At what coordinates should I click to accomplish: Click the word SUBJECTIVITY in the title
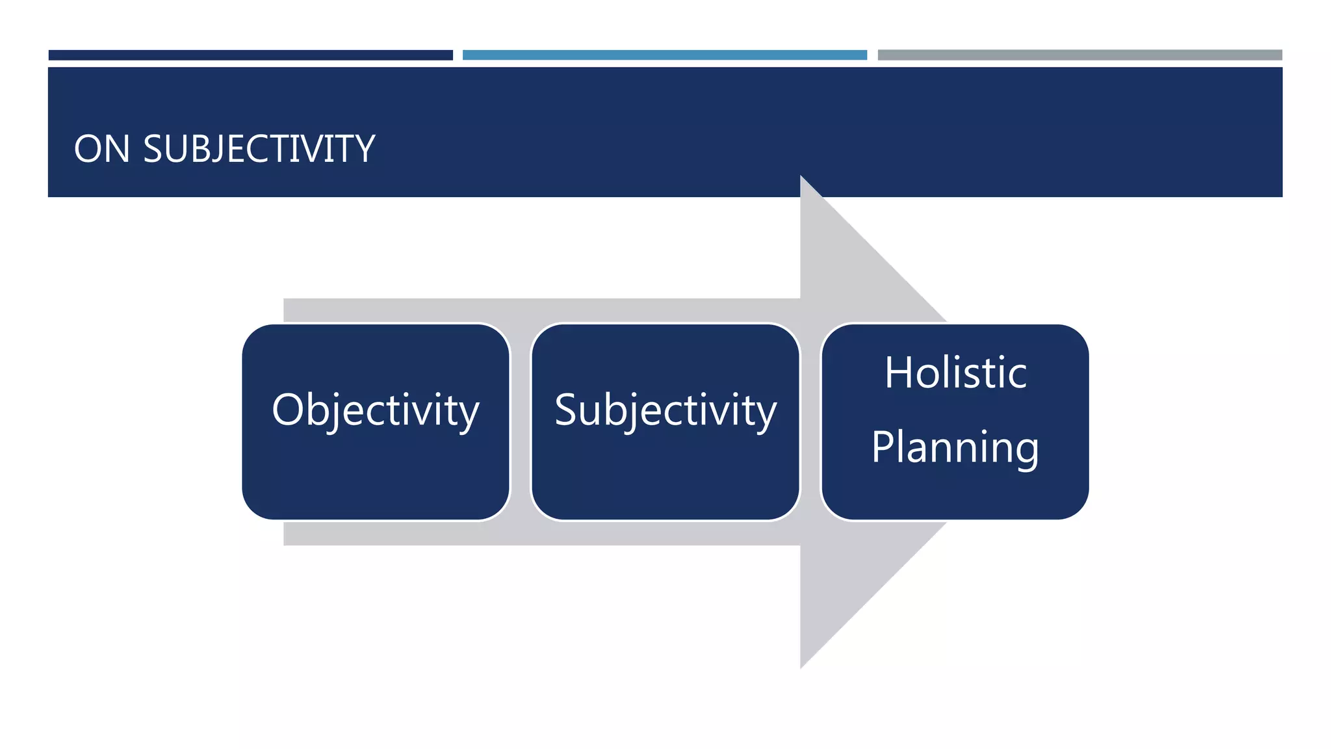[259, 149]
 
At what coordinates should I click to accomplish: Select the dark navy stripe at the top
[250, 55]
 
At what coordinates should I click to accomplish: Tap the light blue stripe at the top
[664, 55]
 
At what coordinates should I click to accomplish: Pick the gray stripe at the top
[1079, 55]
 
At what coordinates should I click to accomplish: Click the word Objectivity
[376, 411]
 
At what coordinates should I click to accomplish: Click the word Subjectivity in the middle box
[665, 411]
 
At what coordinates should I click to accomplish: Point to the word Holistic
[955, 373]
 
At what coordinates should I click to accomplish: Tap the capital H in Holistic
[899, 373]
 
